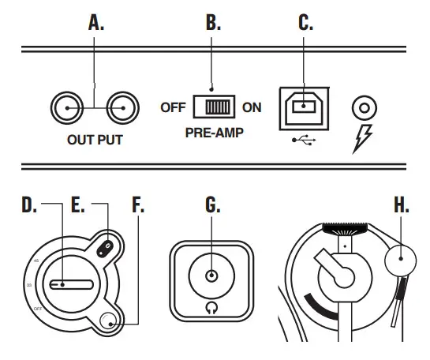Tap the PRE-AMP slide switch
[x=213, y=107]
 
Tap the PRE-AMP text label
[x=213, y=133]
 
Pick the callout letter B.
[x=213, y=23]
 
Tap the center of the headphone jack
[x=211, y=276]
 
